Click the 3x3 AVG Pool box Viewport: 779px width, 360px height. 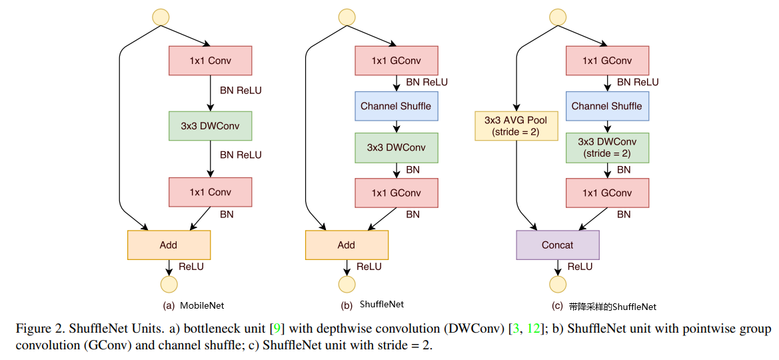click(x=517, y=126)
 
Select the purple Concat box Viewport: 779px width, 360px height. click(x=558, y=245)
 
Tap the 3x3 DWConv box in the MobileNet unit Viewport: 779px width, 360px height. click(x=211, y=126)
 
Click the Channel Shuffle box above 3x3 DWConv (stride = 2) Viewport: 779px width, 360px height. click(x=606, y=106)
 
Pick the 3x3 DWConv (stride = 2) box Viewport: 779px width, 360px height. click(x=606, y=148)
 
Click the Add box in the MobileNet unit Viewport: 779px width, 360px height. click(x=169, y=245)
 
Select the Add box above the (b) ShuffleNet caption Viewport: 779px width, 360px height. click(x=347, y=245)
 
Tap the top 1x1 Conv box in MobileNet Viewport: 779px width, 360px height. click(x=211, y=61)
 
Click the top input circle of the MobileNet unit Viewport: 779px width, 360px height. click(x=161, y=17)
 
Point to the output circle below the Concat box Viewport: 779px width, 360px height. click(x=558, y=285)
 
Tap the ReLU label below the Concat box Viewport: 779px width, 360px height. click(x=580, y=267)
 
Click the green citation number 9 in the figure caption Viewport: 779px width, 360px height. click(x=277, y=329)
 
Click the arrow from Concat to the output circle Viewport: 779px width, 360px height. click(x=558, y=267)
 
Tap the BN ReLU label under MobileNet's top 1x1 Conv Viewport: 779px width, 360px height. click(x=241, y=91)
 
